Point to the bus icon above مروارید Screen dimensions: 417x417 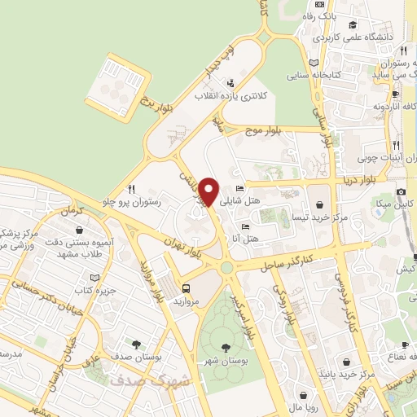187,288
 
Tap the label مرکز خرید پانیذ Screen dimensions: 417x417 348,375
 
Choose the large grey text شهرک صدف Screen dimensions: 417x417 147,380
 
